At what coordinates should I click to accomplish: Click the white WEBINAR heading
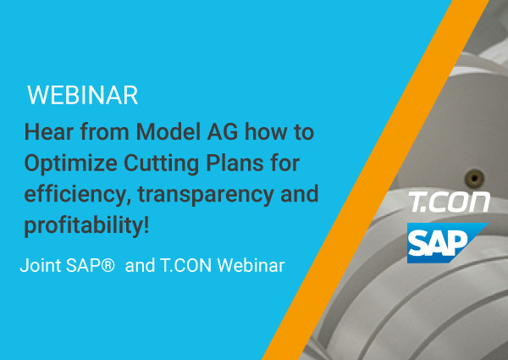click(83, 95)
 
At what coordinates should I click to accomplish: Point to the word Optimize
click(71, 163)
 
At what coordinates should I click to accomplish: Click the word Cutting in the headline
click(162, 163)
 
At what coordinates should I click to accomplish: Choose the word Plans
click(235, 163)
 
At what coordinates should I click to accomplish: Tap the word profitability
click(83, 225)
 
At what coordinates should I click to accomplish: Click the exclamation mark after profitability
click(146, 225)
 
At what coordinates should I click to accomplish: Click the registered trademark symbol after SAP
click(108, 265)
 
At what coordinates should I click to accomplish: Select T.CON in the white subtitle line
click(186, 265)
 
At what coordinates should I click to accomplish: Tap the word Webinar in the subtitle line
click(251, 265)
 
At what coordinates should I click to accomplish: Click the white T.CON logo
click(449, 202)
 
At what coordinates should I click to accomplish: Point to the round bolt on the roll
click(475, 178)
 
